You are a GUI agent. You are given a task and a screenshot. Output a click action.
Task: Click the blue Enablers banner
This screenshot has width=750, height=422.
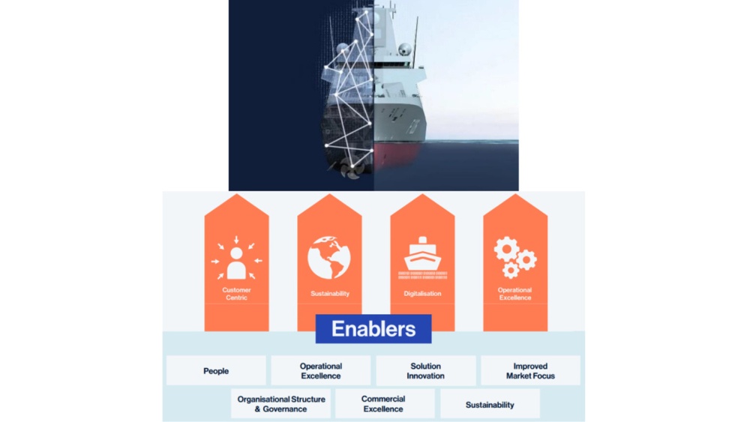[x=373, y=328]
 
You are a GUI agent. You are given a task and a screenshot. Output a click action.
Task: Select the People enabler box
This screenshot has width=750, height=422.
[x=216, y=371]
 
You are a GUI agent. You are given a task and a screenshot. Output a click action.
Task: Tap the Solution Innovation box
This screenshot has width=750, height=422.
[x=425, y=371]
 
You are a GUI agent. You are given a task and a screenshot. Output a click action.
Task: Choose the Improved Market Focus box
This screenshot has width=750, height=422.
[x=530, y=371]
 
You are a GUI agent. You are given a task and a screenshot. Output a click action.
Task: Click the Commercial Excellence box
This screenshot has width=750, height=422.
[x=384, y=404]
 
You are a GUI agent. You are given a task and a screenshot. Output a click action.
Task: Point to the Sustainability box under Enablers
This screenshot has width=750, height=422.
[x=490, y=405]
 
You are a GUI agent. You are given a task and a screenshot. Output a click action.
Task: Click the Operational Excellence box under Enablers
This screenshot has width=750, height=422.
[x=321, y=371]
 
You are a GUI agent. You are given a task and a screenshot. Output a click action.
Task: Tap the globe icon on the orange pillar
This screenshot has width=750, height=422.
[x=329, y=258]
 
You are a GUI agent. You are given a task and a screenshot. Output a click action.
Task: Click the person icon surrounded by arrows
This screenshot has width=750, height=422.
[x=236, y=259]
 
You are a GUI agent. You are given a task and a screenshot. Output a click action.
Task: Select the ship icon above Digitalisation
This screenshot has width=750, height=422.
[x=422, y=257]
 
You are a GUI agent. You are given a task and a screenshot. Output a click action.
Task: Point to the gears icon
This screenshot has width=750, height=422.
[x=515, y=257]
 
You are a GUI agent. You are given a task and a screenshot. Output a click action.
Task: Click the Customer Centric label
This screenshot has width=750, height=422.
[x=236, y=294]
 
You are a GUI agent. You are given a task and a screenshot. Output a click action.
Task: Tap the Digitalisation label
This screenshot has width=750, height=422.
[x=422, y=294]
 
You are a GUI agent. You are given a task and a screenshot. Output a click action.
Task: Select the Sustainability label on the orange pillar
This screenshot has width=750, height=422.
[x=329, y=294]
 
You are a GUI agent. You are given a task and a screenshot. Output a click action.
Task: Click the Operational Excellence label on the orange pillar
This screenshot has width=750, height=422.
[x=515, y=294]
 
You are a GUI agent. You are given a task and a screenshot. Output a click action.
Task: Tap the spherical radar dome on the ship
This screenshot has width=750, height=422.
[x=405, y=50]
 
